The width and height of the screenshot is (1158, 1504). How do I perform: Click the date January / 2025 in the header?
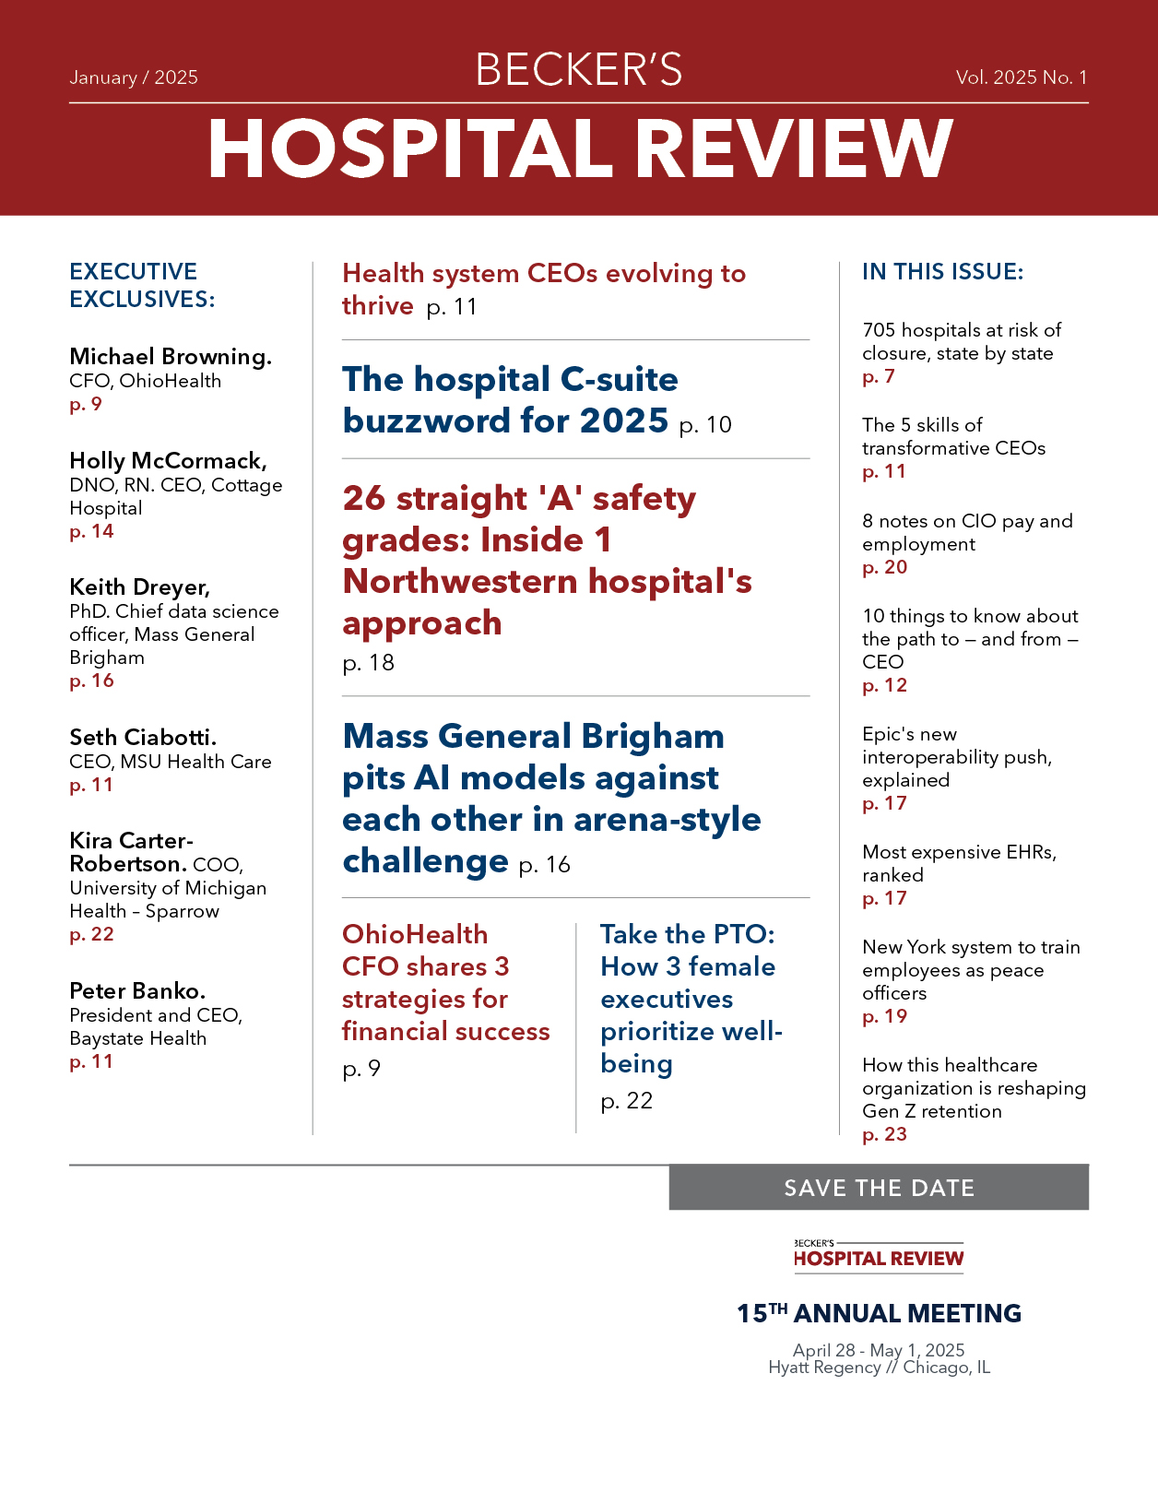134,77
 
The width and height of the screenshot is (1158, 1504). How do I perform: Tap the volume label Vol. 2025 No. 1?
1022,77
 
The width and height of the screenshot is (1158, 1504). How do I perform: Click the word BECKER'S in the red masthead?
579,70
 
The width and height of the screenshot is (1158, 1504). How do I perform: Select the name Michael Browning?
171,357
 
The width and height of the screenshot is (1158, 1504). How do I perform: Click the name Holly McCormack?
168,461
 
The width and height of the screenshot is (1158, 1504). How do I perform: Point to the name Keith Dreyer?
139,587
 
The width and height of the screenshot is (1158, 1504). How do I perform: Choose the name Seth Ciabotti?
143,738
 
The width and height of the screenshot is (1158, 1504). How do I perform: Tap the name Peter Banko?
137,991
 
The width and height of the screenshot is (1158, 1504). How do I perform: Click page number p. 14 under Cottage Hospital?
91,531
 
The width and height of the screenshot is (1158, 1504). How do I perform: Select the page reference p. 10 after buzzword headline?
705,425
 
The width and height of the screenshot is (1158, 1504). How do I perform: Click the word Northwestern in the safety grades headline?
460,582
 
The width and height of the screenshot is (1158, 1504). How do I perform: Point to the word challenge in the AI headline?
425,861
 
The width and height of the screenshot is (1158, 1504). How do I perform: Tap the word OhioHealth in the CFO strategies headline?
415,934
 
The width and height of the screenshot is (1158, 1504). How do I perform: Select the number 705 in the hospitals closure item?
879,330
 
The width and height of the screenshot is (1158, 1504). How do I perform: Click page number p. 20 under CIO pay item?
885,567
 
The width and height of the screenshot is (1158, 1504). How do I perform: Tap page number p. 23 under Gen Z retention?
885,1134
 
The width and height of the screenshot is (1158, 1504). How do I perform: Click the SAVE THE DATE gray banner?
879,1188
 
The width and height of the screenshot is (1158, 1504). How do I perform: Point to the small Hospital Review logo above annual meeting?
879,1256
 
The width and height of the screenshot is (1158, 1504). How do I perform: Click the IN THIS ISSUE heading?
942,272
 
